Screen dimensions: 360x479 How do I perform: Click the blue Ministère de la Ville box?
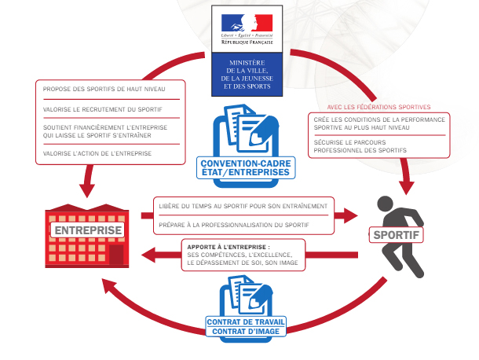(247, 75)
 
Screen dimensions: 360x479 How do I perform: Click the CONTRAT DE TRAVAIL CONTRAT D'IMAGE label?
(245, 326)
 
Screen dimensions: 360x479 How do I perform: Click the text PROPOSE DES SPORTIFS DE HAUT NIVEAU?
(99, 89)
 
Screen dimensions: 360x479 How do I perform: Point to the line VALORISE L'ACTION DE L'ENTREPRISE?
(97, 154)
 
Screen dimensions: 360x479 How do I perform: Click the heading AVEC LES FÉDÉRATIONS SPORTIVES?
(378, 106)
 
